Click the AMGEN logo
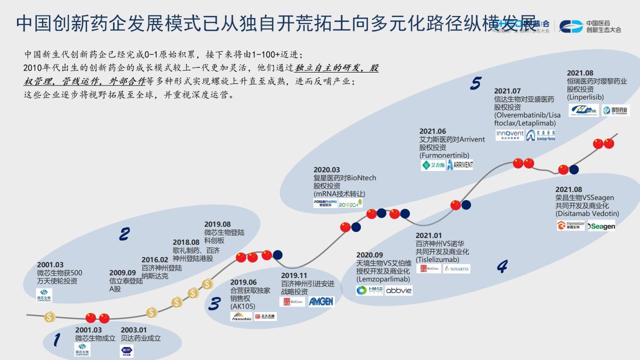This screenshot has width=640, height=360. point(320,301)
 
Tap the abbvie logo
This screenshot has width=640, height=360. point(399,290)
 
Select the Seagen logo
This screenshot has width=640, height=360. point(601,226)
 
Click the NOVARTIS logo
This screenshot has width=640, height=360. point(457,269)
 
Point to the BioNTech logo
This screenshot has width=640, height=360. point(350,204)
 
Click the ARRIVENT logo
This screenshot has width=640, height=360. point(459,165)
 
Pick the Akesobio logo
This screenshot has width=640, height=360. point(241,316)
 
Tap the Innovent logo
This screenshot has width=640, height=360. point(509,135)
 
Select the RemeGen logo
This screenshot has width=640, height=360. point(570,226)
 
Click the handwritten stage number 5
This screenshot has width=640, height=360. point(475,83)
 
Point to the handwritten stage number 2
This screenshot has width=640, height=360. point(124,234)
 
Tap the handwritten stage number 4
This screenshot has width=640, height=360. point(502,266)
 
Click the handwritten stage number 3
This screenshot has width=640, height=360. point(214,304)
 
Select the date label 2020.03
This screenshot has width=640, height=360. point(326,170)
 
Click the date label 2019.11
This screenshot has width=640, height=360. point(294,275)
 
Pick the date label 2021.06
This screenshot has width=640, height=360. point(432,131)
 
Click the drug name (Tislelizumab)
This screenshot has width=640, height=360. point(440,259)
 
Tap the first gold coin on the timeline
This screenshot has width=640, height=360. point(49,317)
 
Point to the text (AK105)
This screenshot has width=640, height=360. point(242,306)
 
